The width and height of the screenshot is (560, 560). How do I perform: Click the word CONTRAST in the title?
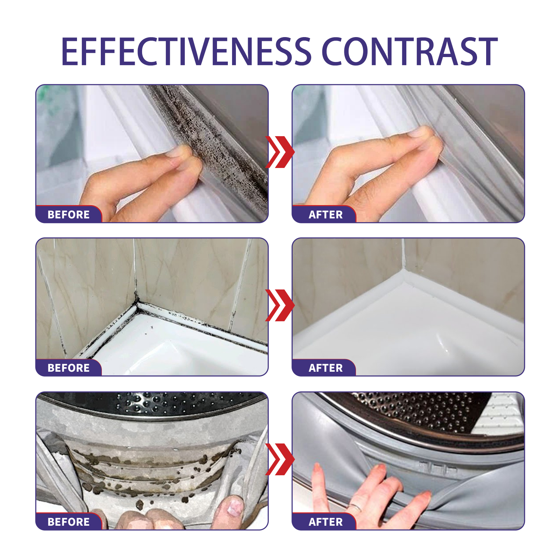coord(409,52)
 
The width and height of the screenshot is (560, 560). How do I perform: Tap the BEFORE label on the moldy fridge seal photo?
coord(69,215)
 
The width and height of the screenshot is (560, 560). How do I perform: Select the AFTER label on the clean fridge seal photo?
coord(325,215)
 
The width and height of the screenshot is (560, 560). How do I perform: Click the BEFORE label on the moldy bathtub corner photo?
coord(69,368)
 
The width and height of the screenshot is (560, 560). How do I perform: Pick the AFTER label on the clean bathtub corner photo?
coord(325,368)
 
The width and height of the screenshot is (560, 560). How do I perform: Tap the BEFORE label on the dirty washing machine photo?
coord(69,522)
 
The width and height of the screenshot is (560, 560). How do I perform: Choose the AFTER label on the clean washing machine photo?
coord(325,522)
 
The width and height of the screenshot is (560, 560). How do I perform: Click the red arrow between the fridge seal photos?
coord(280,152)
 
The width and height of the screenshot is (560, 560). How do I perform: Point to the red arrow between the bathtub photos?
coord(280,305)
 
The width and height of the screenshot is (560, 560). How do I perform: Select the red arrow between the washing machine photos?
coord(280,459)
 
